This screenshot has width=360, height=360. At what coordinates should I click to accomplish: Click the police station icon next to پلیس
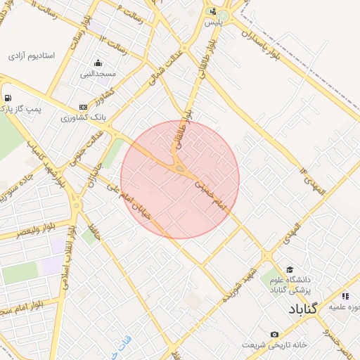[x=213, y=11]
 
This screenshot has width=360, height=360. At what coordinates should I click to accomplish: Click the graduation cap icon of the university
[x=289, y=270]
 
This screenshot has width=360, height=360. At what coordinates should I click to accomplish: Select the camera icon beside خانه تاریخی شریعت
[x=274, y=334]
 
